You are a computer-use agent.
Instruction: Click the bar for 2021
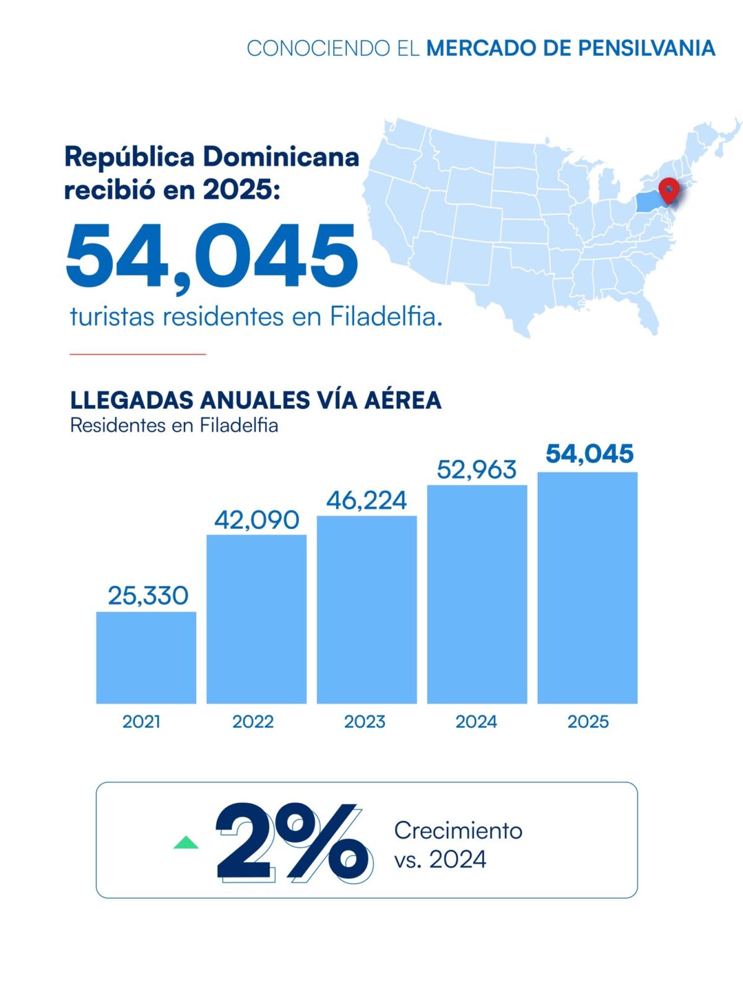point(146,657)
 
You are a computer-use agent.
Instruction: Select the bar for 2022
point(257,619)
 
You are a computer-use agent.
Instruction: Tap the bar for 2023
point(367,609)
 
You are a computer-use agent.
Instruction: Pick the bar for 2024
point(477,594)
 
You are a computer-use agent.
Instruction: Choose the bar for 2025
point(588,588)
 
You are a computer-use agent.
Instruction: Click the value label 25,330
point(148,596)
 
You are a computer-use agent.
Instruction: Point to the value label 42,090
point(257,520)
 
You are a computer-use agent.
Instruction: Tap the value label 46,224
point(367,500)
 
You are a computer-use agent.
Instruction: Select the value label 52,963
point(477,470)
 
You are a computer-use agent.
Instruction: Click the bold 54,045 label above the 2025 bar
point(589,454)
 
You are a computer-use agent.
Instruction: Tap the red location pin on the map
point(669,191)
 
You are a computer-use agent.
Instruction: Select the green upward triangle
point(186,843)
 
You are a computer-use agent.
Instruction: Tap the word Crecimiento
point(458,831)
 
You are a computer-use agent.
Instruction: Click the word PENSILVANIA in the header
point(646,48)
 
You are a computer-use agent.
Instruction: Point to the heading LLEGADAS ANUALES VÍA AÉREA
point(256,400)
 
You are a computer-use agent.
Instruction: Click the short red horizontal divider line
point(137,354)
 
